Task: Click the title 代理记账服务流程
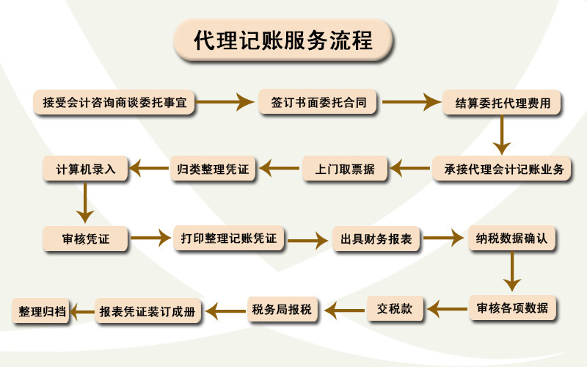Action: (282, 40)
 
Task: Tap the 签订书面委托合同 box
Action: (318, 103)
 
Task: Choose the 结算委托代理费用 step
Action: (502, 103)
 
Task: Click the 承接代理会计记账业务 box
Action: (503, 170)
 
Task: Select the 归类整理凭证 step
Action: (214, 170)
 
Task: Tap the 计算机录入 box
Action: (86, 168)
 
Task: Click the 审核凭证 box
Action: (86, 238)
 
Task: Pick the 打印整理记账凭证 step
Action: (229, 238)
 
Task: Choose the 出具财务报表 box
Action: (375, 239)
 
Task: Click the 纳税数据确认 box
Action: (513, 239)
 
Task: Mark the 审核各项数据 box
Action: (513, 308)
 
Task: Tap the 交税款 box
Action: (395, 309)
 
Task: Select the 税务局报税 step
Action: (282, 310)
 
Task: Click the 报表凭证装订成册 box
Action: (149, 311)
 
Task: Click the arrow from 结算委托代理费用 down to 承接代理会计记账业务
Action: (502, 136)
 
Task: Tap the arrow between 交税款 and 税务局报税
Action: (344, 310)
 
